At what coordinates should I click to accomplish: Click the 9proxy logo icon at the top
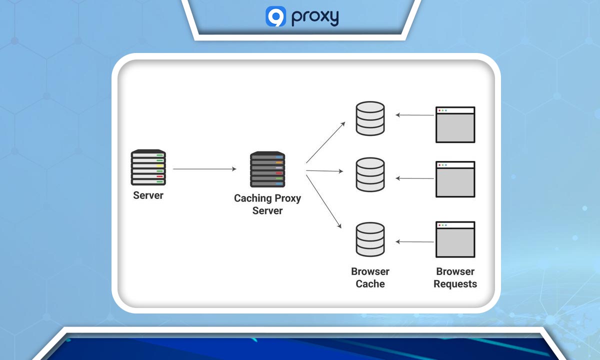[x=275, y=16]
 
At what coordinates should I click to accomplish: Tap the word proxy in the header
[x=315, y=17]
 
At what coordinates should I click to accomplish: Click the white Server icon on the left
[x=148, y=167]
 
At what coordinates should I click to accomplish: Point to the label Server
[x=148, y=195]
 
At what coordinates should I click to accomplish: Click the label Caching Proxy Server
[x=267, y=204]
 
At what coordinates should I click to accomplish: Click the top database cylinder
[x=370, y=118]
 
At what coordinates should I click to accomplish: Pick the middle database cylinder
[x=370, y=174]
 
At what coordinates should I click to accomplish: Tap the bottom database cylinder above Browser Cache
[x=370, y=239]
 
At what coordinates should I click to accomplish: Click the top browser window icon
[x=455, y=124]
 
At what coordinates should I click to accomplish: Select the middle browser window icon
[x=455, y=179]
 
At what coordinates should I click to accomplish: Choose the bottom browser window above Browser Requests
[x=455, y=239]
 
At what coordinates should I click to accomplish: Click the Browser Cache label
[x=370, y=278]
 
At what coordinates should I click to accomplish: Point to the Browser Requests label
[x=455, y=278]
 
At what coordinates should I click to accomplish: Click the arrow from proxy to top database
[x=325, y=142]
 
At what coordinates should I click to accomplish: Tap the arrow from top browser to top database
[x=415, y=115]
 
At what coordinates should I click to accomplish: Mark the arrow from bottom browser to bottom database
[x=415, y=242]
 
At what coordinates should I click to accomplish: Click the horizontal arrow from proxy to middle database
[x=324, y=171]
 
